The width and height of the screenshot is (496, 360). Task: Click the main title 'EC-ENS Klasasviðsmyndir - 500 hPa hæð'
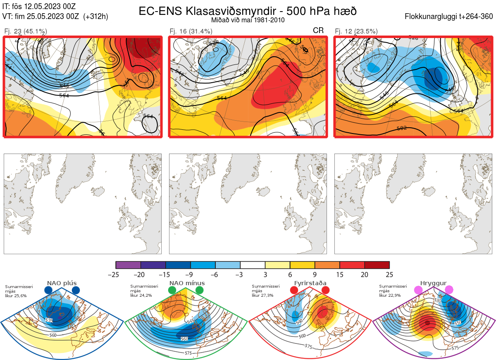(248, 11)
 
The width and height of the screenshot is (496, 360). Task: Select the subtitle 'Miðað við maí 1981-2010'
(248, 20)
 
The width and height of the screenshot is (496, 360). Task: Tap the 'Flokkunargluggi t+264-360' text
(450, 17)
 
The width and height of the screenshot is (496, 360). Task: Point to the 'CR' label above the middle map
(318, 30)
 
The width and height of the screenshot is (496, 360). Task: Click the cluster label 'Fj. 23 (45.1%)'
(26, 31)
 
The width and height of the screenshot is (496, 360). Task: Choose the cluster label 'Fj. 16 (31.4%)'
(191, 31)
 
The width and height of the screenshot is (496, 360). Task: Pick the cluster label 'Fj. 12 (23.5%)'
(356, 31)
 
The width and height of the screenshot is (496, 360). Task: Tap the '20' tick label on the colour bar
(365, 274)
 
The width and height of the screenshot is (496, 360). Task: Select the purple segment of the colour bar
(128, 265)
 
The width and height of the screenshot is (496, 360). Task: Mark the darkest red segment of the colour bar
(377, 265)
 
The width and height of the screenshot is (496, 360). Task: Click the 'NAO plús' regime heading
(62, 283)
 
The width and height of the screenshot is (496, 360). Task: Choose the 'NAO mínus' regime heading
(187, 283)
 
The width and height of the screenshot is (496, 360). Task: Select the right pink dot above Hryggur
(449, 290)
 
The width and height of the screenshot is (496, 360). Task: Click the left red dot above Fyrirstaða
(294, 291)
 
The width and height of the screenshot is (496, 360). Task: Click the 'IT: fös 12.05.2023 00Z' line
(39, 7)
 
